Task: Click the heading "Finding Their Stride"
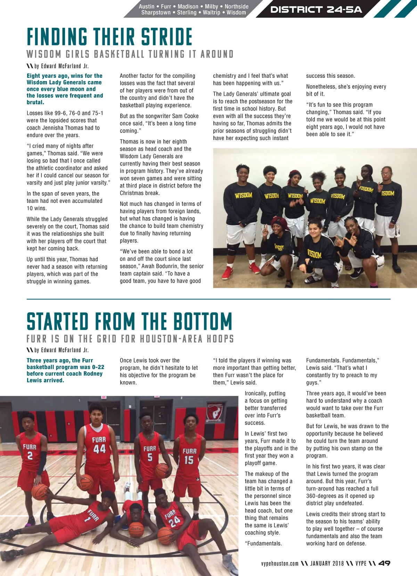[109, 37]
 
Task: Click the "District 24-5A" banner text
[316, 10]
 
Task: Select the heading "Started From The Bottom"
[129, 321]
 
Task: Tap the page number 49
[384, 563]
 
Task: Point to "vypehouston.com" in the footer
[280, 563]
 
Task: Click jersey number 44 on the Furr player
[99, 449]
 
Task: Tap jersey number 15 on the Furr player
[189, 460]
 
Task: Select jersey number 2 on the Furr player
[30, 456]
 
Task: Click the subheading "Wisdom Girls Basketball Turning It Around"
[130, 54]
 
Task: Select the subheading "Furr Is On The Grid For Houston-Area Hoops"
[130, 339]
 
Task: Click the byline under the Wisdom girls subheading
[61, 66]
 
